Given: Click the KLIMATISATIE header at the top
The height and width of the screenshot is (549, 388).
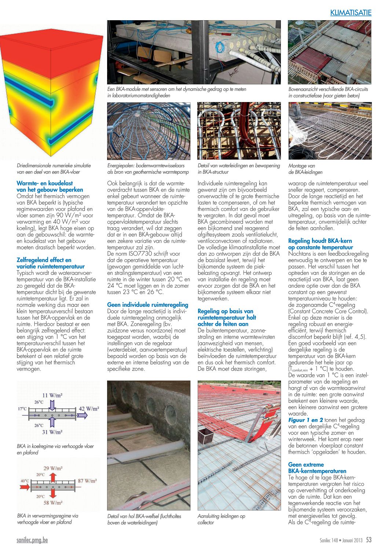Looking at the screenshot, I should point(351,13).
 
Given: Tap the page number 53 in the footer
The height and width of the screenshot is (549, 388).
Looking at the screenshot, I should point(369,540).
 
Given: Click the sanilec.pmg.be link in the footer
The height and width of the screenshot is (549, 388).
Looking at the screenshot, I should point(32,540).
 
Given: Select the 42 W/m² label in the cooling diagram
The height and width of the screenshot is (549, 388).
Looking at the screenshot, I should point(89,408).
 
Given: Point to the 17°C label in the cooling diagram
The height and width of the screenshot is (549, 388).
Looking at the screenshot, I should point(22,408).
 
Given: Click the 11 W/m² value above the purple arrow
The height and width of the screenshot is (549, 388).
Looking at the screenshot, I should point(52,395).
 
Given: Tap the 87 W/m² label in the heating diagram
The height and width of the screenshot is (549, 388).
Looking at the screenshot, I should point(87,481).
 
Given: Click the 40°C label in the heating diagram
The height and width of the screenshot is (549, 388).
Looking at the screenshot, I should point(25,481).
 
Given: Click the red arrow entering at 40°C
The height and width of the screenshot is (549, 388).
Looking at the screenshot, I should point(25,487).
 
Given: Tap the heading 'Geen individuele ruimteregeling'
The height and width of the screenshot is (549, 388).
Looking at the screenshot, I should point(147,305).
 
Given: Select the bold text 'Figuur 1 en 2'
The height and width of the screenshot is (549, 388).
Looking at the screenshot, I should point(305,420).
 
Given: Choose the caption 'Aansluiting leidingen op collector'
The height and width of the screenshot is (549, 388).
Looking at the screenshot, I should point(221,519).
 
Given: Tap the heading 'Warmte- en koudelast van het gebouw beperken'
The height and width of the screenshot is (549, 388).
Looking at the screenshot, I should point(50,186).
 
